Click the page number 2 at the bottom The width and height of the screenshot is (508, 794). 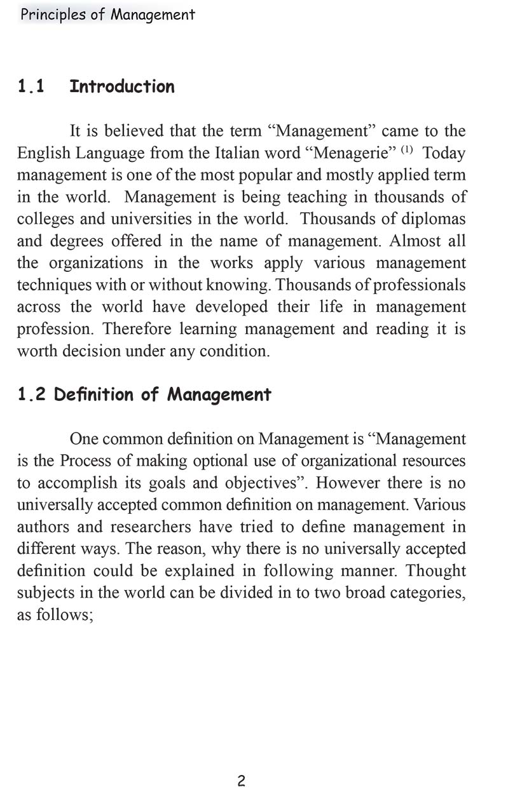(x=241, y=781)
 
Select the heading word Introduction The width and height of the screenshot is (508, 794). (x=121, y=86)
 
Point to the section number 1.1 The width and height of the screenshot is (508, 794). (x=31, y=86)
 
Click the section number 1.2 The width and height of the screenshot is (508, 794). (x=31, y=394)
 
